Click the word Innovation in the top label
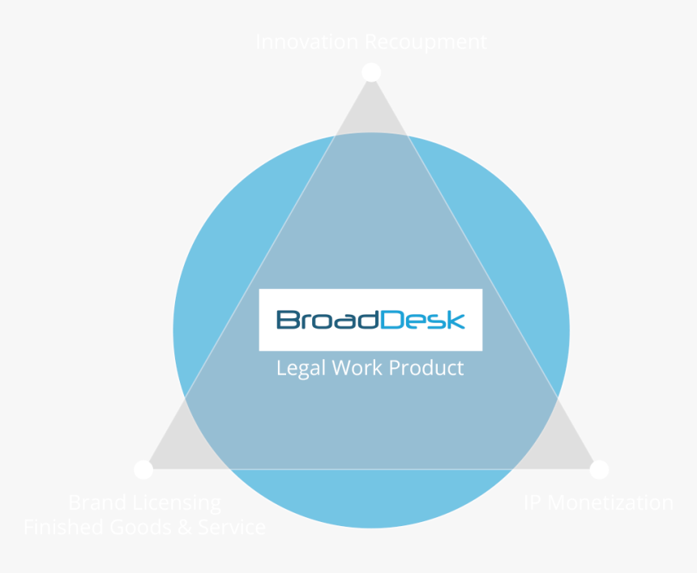[306, 42]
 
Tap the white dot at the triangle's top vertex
[371, 72]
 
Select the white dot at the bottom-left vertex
[143, 469]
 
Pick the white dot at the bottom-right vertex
[599, 469]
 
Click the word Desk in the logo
[422, 320]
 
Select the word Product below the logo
[426, 368]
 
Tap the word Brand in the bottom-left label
[96, 503]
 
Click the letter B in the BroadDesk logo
[286, 320]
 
